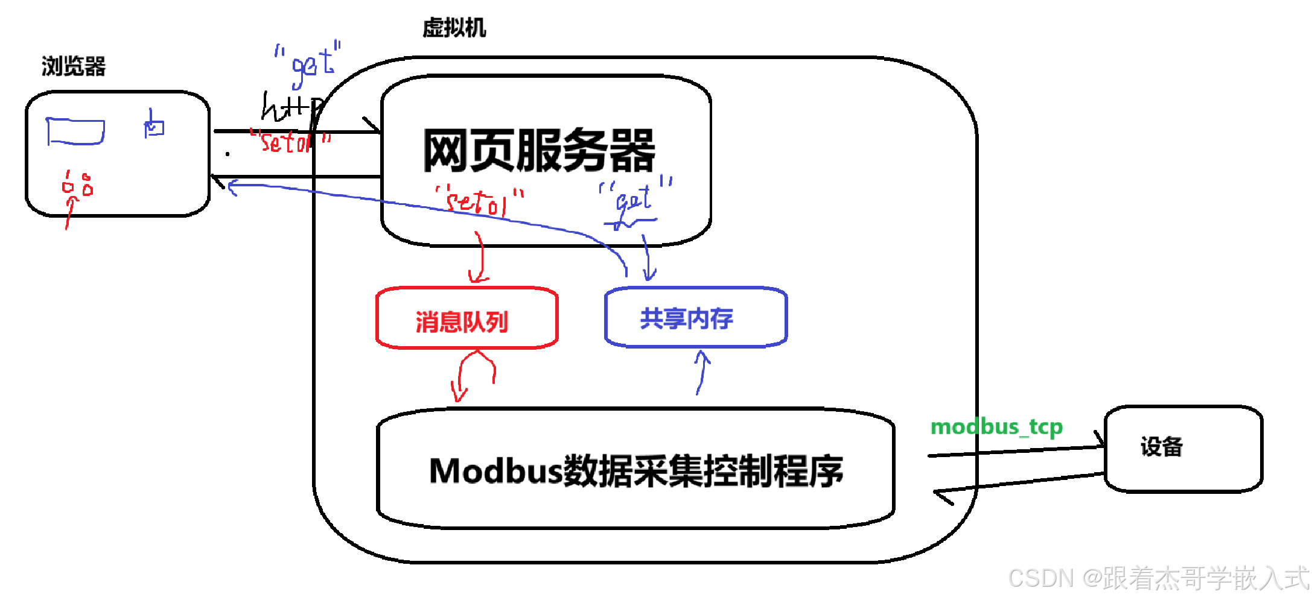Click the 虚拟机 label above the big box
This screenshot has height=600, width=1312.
454,28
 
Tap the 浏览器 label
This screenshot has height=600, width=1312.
73,66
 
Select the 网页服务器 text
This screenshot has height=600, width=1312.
538,151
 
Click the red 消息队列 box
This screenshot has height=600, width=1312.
467,318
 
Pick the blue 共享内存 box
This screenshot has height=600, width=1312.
695,317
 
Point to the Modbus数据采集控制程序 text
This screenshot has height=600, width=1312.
635,471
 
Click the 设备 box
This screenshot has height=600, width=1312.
1183,448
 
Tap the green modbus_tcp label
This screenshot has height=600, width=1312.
996,427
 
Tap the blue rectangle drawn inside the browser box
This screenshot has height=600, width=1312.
75,131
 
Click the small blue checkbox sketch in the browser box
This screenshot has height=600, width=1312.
154,126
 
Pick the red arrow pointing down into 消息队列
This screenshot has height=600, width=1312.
480,259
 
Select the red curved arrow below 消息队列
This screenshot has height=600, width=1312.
474,374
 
